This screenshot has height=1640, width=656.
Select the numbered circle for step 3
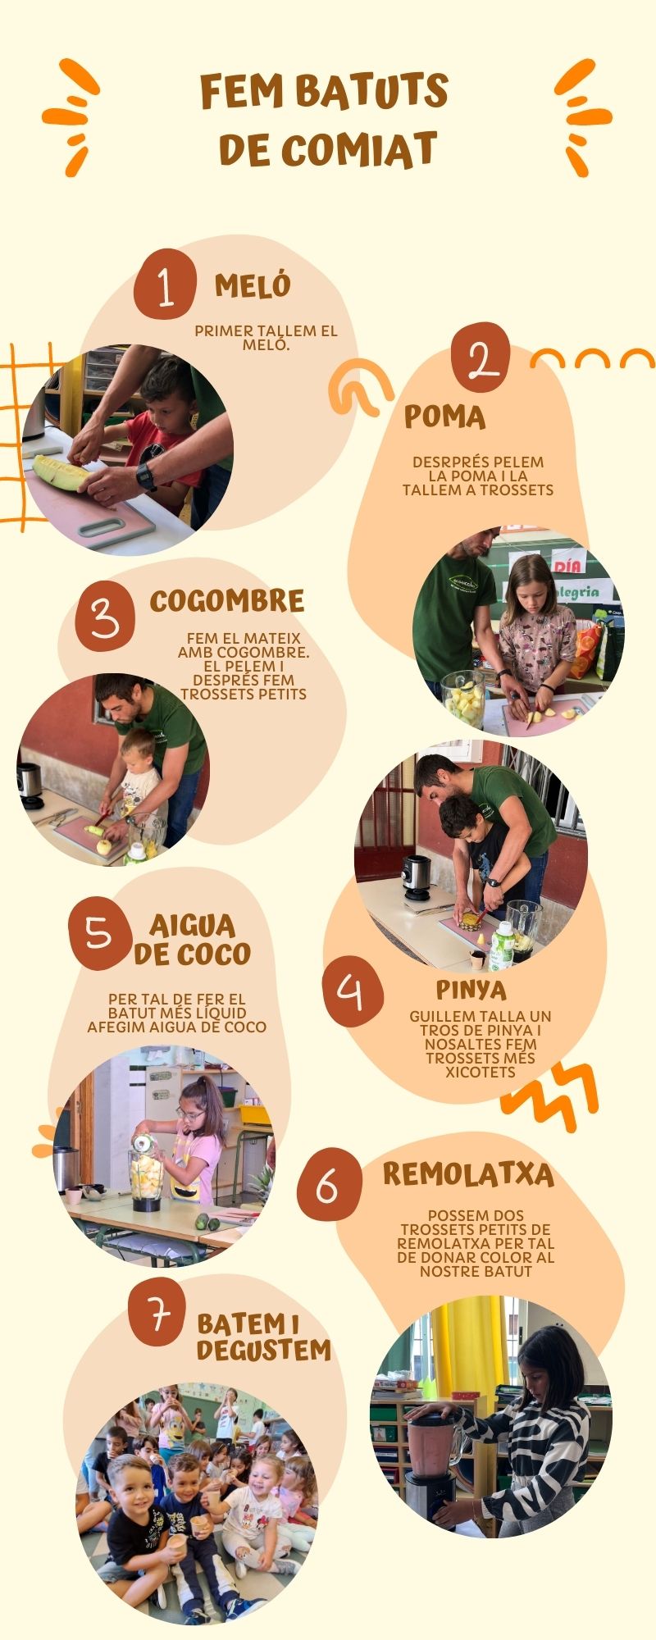(x=105, y=617)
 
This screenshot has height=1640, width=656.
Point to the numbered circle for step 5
(x=100, y=933)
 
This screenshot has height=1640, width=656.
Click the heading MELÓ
(x=253, y=285)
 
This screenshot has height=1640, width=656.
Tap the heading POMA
(x=444, y=417)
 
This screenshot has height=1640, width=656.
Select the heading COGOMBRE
(x=227, y=601)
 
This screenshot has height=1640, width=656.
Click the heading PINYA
(x=471, y=990)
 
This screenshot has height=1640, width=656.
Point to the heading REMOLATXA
(x=468, y=1175)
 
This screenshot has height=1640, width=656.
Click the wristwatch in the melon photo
(x=146, y=476)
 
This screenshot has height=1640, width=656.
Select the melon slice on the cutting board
(x=62, y=472)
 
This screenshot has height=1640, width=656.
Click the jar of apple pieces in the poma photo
(x=464, y=699)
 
